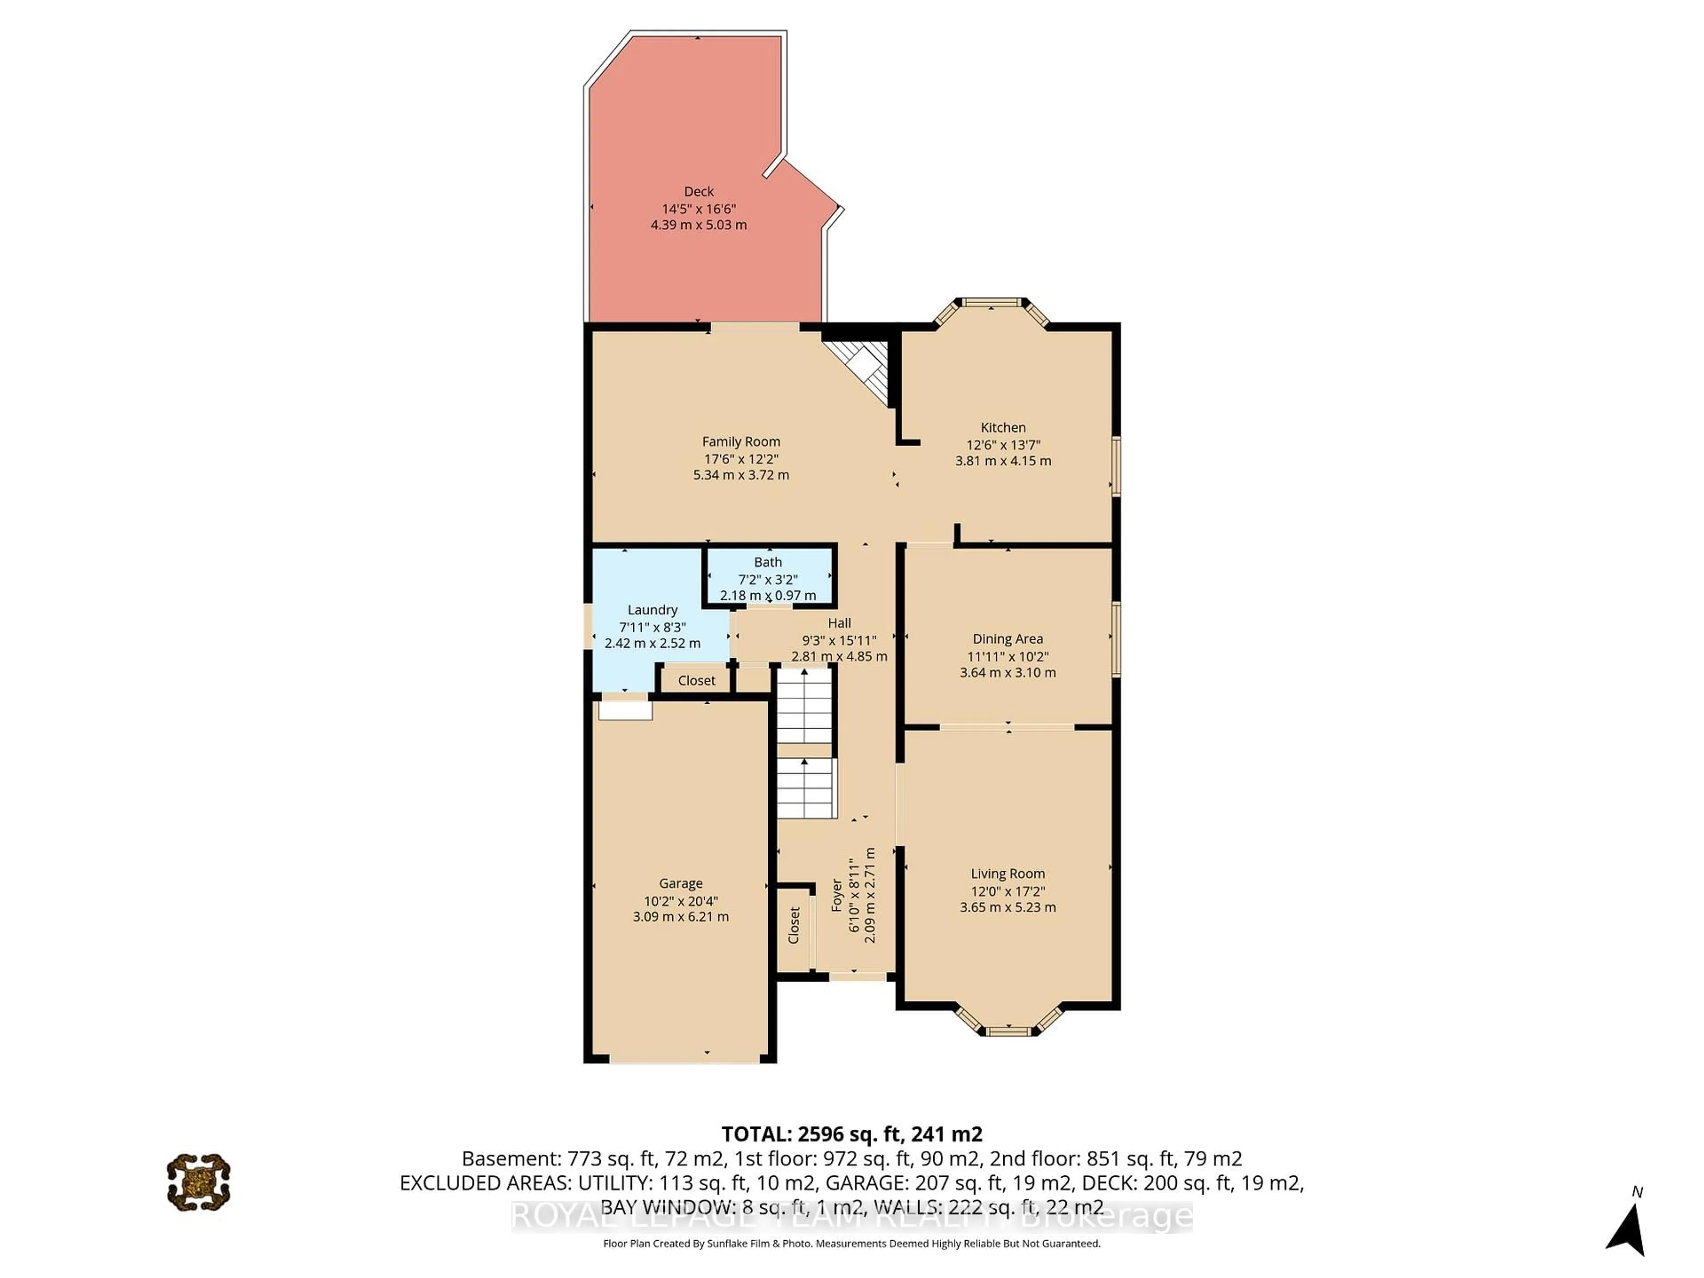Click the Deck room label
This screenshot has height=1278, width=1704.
point(699,191)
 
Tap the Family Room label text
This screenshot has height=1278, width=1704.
point(740,442)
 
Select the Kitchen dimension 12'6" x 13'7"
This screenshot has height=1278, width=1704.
point(1003,445)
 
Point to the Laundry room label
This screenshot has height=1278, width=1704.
point(652,609)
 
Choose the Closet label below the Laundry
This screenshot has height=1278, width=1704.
point(696,680)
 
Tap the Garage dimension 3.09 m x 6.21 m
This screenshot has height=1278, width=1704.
point(680,917)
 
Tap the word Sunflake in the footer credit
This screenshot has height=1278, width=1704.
point(729,1243)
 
